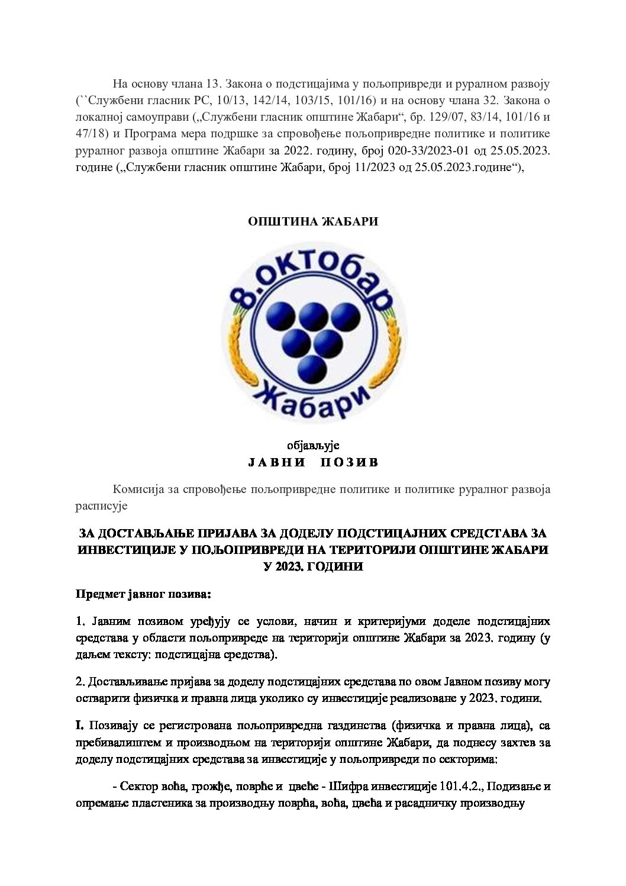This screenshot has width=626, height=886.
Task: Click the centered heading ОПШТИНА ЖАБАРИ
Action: click(x=313, y=221)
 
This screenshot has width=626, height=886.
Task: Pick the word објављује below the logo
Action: click(x=313, y=445)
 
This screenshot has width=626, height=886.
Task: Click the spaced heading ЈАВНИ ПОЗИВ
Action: click(x=313, y=462)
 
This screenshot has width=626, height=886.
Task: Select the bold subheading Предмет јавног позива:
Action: click(x=143, y=592)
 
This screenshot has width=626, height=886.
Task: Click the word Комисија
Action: click(x=138, y=489)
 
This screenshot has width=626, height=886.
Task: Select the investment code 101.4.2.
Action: click(x=462, y=787)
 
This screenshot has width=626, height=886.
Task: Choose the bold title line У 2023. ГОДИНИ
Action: click(x=313, y=566)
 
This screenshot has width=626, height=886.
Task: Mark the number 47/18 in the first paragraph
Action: click(x=90, y=133)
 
